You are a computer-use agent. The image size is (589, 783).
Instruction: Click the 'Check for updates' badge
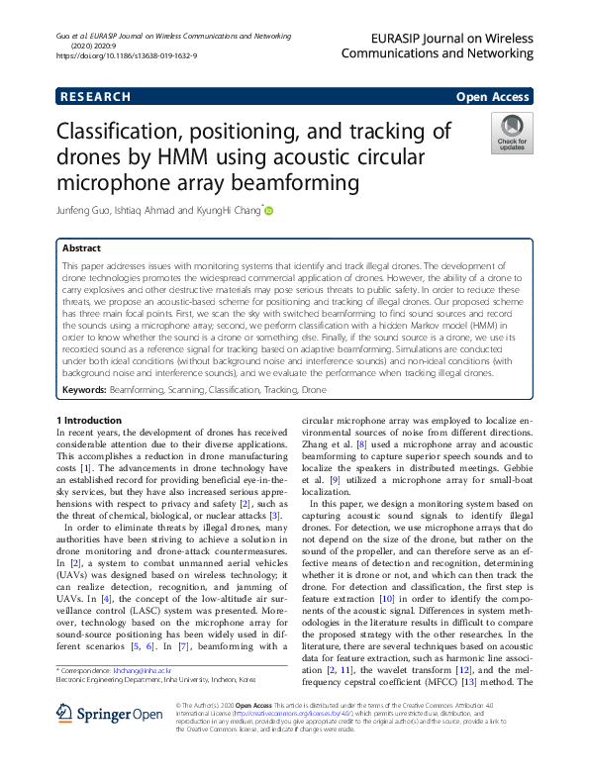tap(512, 134)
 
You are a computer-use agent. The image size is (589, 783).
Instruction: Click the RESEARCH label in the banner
tap(95, 97)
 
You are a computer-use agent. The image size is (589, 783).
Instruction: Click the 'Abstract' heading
tap(81, 248)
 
